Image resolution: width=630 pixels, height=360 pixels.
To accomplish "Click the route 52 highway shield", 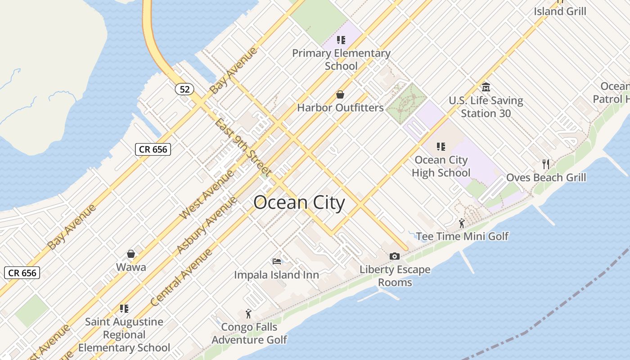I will coord(184,89).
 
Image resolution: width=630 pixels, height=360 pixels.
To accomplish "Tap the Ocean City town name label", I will coord(299,203).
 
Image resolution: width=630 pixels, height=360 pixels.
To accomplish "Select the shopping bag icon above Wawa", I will coord(131,254).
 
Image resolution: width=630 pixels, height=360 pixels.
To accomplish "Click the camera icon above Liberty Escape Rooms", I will coord(395,256).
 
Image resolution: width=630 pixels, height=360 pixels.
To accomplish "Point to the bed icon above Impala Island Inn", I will coord(277,261).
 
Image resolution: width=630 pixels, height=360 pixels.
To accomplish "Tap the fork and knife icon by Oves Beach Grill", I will coord(546,164).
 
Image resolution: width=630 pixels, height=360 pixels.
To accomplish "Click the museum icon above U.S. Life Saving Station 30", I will coord(486,87).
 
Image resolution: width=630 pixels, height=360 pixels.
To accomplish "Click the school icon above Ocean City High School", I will coord(441,146).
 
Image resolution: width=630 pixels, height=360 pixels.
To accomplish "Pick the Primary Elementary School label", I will coord(341,59).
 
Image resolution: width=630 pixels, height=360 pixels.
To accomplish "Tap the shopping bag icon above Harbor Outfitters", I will coord(340,94).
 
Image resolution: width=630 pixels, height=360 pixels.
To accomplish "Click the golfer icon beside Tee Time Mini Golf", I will coord(462,223).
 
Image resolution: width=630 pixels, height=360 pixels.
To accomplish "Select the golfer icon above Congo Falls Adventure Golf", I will coord(248,314).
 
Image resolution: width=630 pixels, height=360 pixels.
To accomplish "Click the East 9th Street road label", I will coord(243,147).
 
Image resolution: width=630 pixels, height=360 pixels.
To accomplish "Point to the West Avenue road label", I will coord(207,194).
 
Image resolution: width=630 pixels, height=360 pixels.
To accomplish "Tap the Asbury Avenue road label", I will coord(206,225).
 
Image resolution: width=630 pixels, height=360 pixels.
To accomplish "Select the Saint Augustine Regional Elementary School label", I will coord(124,335).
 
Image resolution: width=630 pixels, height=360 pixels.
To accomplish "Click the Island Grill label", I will coord(560,11).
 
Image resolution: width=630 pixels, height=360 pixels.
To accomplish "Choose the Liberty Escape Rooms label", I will coord(395,276).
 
